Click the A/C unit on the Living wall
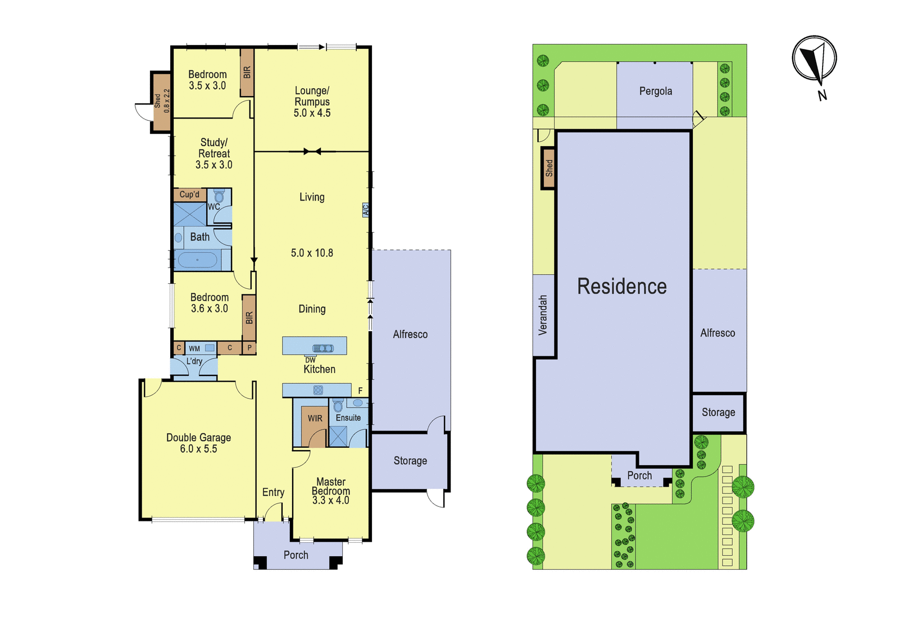(365, 210)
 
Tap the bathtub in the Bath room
(197, 260)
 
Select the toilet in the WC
(219, 196)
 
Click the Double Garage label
(199, 438)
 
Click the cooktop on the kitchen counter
(318, 390)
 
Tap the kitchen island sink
(323, 348)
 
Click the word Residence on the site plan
(621, 286)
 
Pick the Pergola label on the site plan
(655, 91)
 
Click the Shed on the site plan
(548, 168)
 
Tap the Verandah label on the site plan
(543, 315)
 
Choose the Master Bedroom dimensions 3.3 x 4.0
(331, 500)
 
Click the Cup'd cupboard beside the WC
(189, 194)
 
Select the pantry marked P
(249, 348)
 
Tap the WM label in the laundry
(194, 348)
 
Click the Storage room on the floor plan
(410, 461)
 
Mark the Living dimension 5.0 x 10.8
(312, 253)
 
